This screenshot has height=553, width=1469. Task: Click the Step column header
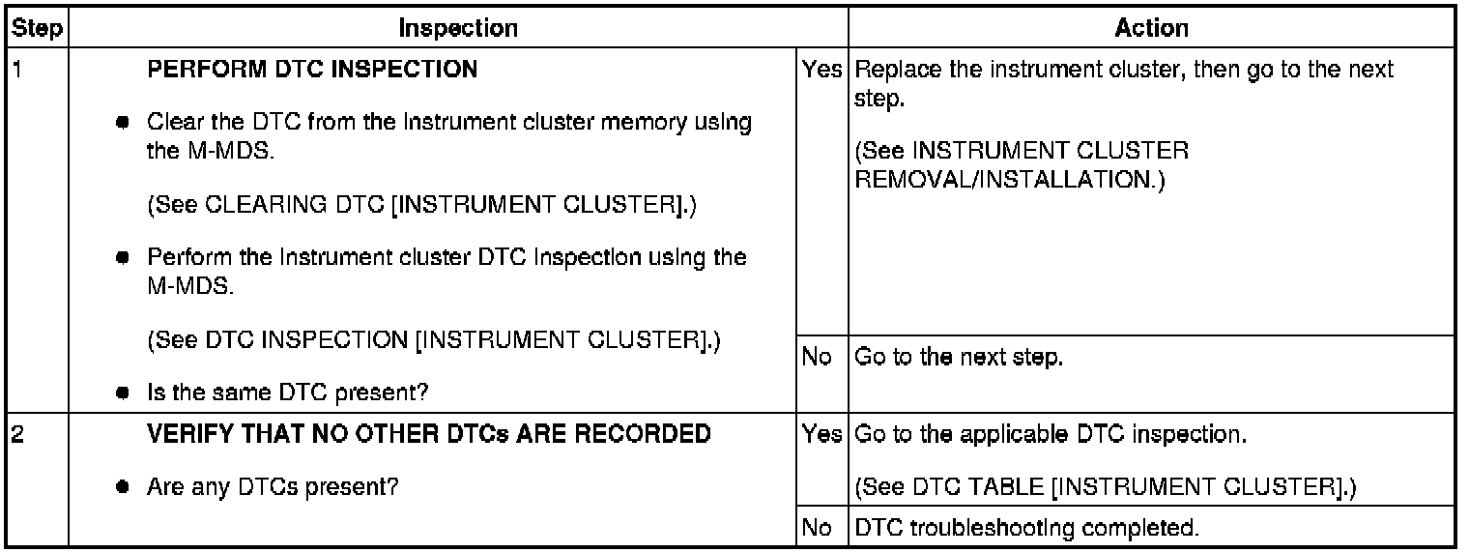[38, 28]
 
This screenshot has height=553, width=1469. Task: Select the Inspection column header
[458, 28]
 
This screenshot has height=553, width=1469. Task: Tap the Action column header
[1152, 28]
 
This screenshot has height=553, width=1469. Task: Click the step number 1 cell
[17, 69]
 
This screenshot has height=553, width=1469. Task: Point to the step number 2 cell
[17, 434]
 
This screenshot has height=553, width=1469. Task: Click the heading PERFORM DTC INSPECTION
[312, 69]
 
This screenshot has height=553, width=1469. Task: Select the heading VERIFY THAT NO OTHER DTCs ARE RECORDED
[429, 434]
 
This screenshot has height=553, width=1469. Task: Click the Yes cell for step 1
[821, 69]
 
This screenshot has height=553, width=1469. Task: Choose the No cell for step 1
[817, 357]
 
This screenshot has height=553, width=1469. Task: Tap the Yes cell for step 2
[821, 434]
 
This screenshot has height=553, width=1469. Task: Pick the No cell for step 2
[817, 528]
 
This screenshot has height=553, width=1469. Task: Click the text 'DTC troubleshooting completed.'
[1027, 528]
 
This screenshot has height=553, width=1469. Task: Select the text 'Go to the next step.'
[959, 358]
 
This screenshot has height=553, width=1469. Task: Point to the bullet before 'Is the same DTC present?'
[122, 393]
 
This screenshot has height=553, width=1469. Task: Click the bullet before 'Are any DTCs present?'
[122, 487]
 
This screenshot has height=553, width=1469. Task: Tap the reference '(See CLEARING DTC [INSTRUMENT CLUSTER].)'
[421, 205]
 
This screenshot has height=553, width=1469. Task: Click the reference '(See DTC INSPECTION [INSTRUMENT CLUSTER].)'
[434, 339]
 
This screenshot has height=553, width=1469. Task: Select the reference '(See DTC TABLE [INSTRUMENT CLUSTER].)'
[1106, 486]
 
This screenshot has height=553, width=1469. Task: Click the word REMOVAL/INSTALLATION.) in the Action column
[1010, 179]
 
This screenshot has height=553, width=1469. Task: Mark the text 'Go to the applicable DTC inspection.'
[1051, 434]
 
